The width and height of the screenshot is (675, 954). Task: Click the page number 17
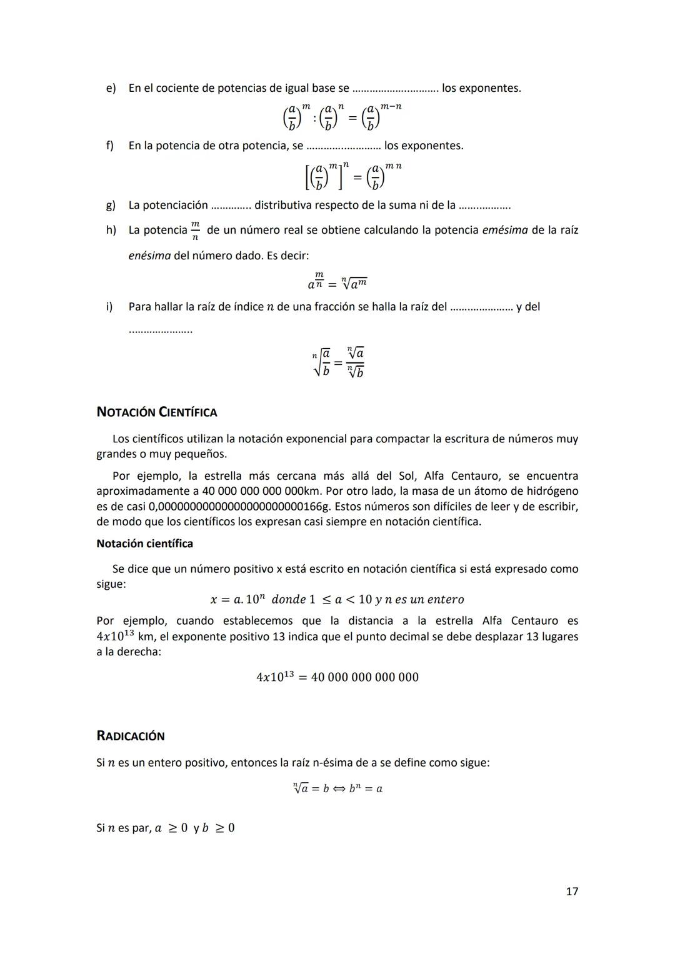571,891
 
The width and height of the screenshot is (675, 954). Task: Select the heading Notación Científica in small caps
157,412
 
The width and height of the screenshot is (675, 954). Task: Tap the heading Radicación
131,736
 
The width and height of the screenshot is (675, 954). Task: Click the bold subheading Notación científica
144,544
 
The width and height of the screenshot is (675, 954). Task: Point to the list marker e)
111,88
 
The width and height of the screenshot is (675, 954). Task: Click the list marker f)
110,146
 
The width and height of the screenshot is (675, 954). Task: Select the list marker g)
111,205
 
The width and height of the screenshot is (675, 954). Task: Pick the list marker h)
111,230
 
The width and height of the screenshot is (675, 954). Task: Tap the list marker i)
109,307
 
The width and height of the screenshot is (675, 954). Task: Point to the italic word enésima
149,256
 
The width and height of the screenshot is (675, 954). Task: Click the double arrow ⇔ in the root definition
339,788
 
